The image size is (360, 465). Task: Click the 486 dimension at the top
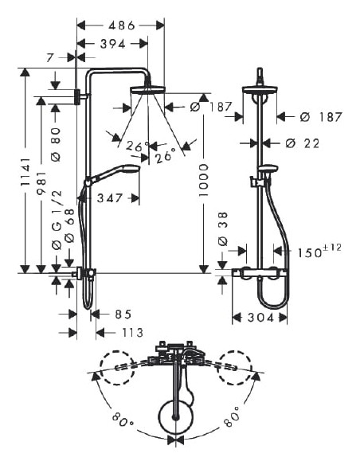pyautogui.click(x=119, y=25)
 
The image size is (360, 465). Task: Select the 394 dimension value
pyautogui.click(x=112, y=44)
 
